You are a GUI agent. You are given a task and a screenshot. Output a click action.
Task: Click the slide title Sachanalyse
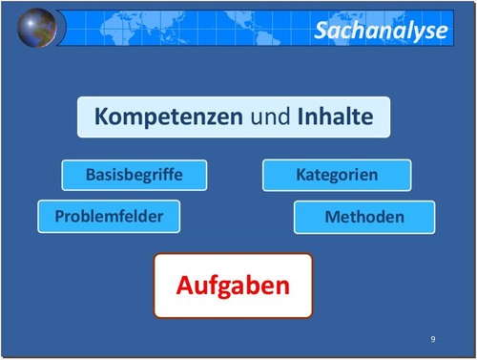coord(380,31)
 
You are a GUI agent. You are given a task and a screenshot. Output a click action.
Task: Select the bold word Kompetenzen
coord(168,117)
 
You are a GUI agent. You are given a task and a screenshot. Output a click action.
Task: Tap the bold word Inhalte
coord(333,117)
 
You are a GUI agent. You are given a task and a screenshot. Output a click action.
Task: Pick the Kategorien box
coord(337,175)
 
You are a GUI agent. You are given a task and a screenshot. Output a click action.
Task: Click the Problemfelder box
coord(108,216)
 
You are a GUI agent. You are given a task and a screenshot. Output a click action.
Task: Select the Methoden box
coord(363,217)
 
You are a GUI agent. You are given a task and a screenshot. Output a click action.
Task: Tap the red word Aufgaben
coord(233,286)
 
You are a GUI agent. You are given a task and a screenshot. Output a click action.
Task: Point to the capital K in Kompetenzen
coord(101,117)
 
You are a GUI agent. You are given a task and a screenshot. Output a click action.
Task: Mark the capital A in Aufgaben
coord(185,286)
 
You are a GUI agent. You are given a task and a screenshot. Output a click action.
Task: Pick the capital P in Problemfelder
coord(59,216)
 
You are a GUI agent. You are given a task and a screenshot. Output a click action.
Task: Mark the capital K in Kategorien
coord(301,175)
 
